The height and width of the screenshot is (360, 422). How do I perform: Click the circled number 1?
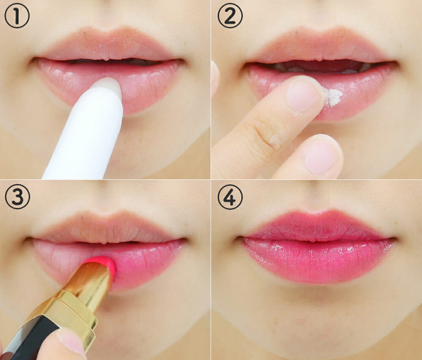tap(17, 15)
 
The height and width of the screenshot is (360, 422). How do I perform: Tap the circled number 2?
tap(230, 15)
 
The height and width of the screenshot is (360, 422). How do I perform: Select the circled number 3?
tap(17, 197)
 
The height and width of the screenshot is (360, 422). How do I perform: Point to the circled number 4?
tap(230, 197)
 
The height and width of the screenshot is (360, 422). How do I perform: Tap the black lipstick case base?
tap(30, 337)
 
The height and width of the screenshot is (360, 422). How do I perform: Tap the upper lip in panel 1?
tap(108, 44)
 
